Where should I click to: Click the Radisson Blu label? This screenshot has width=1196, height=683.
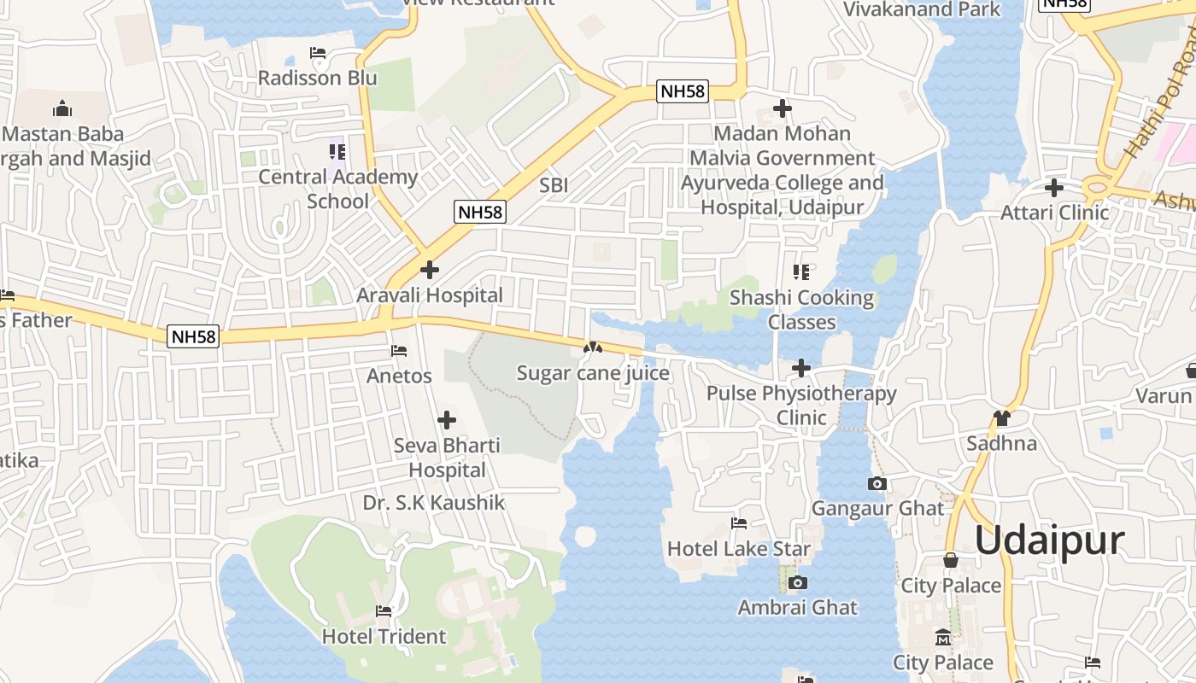[318, 78]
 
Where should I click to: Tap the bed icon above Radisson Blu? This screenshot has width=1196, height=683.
[318, 54]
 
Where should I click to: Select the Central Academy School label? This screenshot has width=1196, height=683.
[337, 190]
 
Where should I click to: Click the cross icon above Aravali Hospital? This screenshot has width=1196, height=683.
[430, 270]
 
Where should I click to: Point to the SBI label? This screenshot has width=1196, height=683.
[554, 185]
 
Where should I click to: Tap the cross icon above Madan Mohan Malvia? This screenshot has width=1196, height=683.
[782, 108]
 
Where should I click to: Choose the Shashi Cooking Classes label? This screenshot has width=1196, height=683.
[801, 310]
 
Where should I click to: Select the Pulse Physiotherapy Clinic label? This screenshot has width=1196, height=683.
[801, 406]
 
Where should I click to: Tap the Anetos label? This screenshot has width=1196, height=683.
[399, 376]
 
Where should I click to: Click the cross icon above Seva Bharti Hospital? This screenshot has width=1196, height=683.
[446, 420]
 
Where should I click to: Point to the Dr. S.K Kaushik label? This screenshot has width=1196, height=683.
[434, 503]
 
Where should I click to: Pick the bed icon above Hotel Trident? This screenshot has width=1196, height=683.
[384, 611]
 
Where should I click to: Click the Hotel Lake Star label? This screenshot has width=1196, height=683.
[739, 548]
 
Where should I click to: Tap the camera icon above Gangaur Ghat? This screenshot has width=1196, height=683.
[876, 484]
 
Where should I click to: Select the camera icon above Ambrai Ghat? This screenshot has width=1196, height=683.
[798, 583]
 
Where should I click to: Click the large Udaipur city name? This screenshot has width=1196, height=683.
[1049, 540]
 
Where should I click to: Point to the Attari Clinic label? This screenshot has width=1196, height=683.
[1054, 213]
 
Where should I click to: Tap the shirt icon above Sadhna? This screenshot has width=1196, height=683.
[1001, 418]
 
